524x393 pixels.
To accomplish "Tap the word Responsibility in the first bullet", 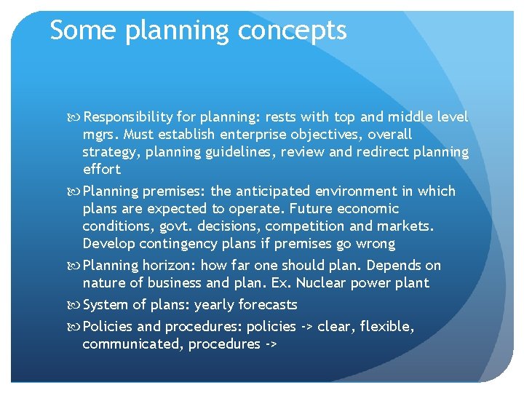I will pyautogui.click(x=128, y=117).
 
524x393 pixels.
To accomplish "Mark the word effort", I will pyautogui.click(x=102, y=170).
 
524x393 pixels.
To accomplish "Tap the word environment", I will pyautogui.click(x=365, y=191).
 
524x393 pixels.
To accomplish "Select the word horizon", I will pyautogui.click(x=170, y=266).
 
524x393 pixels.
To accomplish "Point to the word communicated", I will pyautogui.click(x=132, y=344).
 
